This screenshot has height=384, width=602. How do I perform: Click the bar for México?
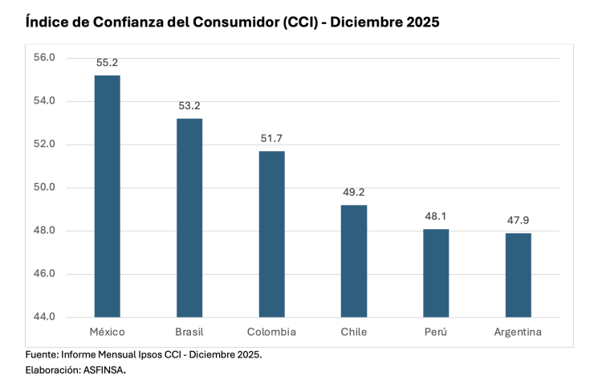click(x=108, y=196)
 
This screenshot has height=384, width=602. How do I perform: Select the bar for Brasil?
click(x=189, y=218)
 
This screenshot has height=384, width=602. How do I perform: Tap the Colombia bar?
click(x=271, y=234)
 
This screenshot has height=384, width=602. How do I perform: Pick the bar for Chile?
click(x=354, y=261)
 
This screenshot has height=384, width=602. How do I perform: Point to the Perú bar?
click(x=436, y=273)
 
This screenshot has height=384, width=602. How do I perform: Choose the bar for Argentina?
click(x=518, y=275)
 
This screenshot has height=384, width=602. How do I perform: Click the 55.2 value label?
click(x=108, y=61)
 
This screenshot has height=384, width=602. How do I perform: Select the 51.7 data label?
click(x=271, y=137)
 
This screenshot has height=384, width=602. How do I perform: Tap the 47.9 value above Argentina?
click(x=518, y=219)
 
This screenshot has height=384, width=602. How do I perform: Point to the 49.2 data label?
click(x=354, y=192)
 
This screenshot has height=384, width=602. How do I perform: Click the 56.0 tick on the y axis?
click(x=44, y=58)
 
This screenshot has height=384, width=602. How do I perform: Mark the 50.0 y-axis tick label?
click(x=44, y=187)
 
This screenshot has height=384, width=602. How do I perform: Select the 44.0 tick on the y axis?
click(x=44, y=317)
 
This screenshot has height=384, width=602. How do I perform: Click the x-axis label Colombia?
click(x=271, y=332)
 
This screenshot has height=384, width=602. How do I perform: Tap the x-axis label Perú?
click(x=436, y=332)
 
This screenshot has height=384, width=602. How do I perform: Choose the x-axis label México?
click(x=108, y=332)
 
